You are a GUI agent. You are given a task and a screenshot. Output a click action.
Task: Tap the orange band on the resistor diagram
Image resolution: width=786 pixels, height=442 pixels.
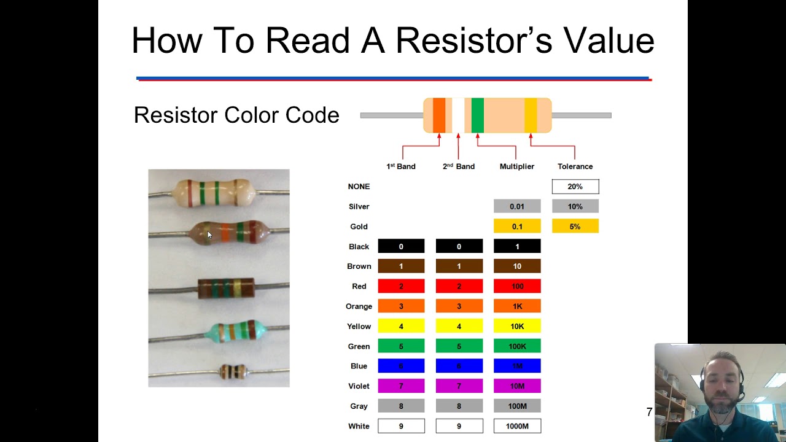(438, 115)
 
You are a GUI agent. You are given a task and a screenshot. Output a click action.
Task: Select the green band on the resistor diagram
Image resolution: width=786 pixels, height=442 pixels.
(477, 115)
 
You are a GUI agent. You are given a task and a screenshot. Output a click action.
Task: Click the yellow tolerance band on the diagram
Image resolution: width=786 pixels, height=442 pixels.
(531, 115)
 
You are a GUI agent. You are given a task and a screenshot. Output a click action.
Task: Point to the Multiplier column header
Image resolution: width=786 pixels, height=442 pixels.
(517, 166)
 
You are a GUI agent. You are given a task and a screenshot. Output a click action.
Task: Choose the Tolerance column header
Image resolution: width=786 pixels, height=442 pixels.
(575, 166)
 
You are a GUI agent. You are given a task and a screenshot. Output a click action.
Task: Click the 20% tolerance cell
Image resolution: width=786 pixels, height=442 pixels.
(575, 187)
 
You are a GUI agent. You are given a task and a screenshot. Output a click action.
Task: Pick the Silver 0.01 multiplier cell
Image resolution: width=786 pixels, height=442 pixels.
(517, 207)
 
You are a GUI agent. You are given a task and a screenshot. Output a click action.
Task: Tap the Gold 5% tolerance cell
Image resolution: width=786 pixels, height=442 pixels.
(575, 227)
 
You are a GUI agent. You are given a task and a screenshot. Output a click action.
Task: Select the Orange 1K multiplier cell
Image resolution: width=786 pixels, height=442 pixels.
(517, 306)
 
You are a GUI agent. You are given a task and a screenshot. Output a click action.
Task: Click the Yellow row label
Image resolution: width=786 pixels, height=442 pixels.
(359, 327)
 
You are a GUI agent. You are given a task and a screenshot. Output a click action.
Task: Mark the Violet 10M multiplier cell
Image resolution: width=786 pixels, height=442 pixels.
(517, 386)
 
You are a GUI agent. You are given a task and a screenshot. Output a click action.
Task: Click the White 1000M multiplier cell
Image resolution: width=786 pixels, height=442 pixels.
(517, 426)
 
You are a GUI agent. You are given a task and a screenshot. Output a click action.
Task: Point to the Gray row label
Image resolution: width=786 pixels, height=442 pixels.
(359, 406)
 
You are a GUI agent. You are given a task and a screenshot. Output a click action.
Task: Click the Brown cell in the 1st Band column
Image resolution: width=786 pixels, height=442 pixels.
(401, 266)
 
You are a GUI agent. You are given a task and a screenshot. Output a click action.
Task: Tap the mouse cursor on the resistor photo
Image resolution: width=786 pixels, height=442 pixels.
(209, 235)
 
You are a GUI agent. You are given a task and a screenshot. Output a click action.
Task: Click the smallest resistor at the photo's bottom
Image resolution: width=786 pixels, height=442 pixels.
(233, 371)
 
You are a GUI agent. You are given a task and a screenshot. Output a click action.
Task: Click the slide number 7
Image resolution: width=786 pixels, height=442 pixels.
(649, 413)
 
